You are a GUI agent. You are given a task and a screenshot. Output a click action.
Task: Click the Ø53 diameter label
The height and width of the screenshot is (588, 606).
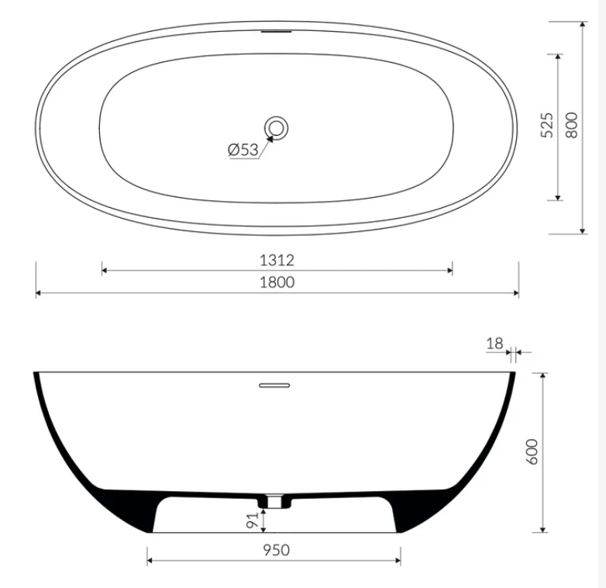[243, 150]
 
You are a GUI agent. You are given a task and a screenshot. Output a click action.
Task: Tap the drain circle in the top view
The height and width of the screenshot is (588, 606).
[277, 127]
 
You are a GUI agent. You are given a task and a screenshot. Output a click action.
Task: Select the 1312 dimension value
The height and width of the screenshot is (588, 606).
[277, 260]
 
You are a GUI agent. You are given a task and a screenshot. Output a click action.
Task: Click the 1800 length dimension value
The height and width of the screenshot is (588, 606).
[277, 282]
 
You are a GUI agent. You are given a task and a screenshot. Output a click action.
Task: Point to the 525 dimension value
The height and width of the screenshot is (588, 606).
[547, 126]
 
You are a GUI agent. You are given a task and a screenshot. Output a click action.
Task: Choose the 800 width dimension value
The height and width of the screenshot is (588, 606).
[572, 126]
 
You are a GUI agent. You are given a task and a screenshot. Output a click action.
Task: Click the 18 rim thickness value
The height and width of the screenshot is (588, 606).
[496, 343]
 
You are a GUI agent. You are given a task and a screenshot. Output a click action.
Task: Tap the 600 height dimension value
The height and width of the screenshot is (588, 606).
[532, 452]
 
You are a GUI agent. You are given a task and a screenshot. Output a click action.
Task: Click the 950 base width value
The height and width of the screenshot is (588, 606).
[274, 550]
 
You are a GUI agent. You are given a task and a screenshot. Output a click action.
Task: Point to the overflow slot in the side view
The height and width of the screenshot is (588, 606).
[274, 384]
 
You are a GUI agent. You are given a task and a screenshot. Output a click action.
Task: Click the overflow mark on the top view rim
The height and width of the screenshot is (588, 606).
[277, 33]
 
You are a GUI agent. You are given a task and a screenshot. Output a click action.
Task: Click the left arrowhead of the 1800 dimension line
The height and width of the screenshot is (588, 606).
[39, 293]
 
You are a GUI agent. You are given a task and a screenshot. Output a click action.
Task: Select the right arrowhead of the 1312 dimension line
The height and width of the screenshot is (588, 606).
[450, 271]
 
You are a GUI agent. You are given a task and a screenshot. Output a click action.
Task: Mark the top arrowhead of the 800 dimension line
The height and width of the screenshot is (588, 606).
[582, 25]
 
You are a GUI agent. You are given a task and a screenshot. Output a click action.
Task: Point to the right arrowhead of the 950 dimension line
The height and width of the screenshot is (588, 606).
[398, 560]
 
